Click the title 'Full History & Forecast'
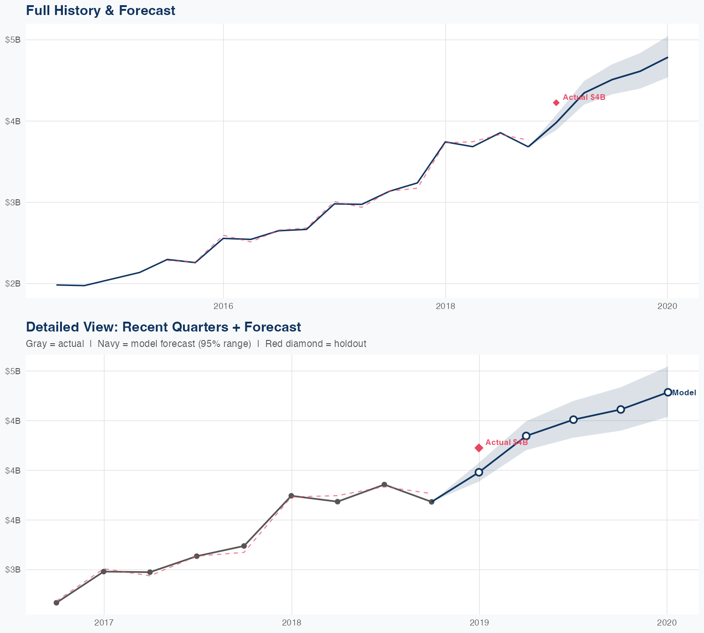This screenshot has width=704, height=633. tap(100, 10)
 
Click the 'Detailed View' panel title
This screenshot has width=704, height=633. tap(163, 327)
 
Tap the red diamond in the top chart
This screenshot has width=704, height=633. tap(556, 103)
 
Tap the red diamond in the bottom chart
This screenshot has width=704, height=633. tap(479, 448)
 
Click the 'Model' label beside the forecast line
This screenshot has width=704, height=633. tap(684, 393)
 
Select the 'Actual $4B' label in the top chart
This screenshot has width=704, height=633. tap(584, 98)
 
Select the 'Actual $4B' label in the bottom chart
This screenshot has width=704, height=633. tap(506, 443)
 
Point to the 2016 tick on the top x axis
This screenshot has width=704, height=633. tap(223, 307)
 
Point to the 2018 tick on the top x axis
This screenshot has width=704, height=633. tap(445, 307)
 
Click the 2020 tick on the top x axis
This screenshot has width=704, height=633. tap(667, 307)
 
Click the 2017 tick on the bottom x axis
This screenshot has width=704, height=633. tap(104, 623)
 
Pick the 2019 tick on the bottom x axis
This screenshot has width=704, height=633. tap(479, 623)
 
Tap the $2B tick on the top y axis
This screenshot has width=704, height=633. tap(13, 284)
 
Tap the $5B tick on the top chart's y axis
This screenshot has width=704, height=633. tap(13, 40)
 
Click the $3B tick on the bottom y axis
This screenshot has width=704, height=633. tap(13, 570)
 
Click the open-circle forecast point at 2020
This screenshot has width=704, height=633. tap(667, 392)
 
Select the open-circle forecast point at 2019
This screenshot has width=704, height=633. tap(479, 472)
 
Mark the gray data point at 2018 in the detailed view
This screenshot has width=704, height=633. tap(291, 496)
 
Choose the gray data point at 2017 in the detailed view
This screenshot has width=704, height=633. tap(104, 572)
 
